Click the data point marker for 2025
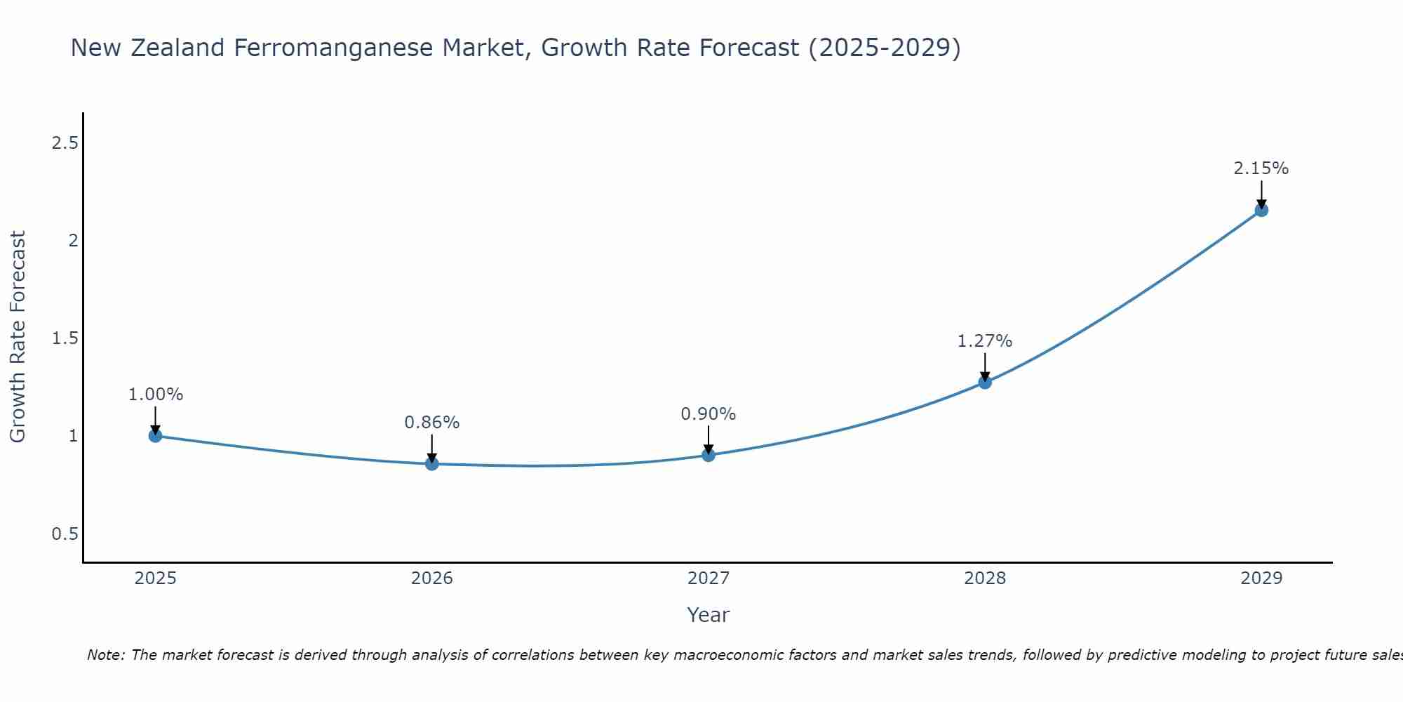coord(156,436)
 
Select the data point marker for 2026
coord(432,464)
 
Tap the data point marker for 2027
coord(709,455)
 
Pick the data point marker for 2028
coord(985,383)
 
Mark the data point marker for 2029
coord(1261,210)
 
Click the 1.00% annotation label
coord(156,395)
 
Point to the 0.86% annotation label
coord(432,423)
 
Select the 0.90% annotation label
coord(709,414)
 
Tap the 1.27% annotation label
coord(985,341)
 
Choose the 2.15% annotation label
coord(1261,168)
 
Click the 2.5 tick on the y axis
coord(65,143)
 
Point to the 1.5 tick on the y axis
coord(65,338)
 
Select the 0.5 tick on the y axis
coord(65,534)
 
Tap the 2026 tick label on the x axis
coord(432,578)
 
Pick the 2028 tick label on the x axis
coord(985,578)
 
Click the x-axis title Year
coord(709,615)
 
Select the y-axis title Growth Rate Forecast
coord(18,337)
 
